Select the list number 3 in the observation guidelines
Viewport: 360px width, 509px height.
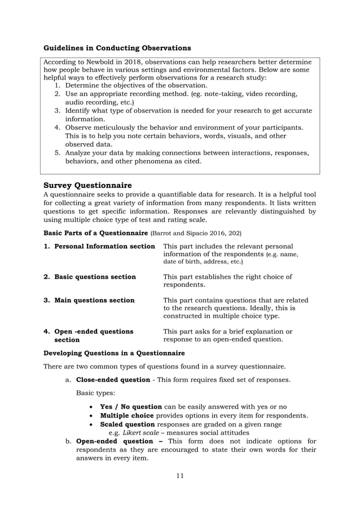click(57, 111)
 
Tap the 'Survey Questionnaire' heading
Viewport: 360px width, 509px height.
click(87, 185)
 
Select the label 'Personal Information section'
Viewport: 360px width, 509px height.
click(104, 247)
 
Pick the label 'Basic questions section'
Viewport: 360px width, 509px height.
click(95, 277)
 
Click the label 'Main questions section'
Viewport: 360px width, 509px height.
click(94, 300)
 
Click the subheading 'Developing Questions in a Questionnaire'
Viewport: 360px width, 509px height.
click(114, 353)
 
